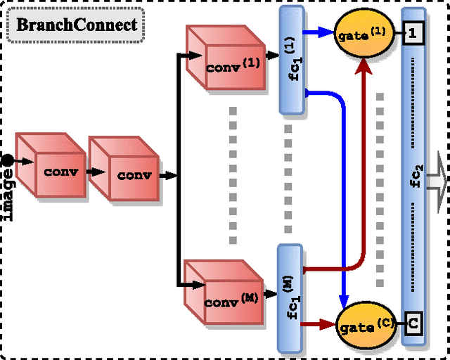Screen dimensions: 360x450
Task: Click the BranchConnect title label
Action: tap(76, 25)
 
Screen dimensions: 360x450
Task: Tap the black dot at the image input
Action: tap(7, 161)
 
